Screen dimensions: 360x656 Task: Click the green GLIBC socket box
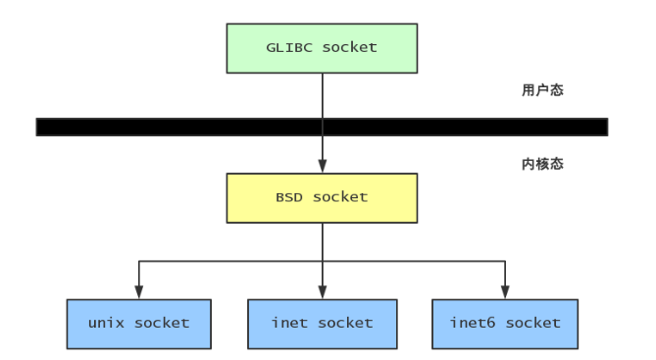coord(322,46)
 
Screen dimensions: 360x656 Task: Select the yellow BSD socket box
coord(322,197)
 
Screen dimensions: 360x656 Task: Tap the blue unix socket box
coord(138,323)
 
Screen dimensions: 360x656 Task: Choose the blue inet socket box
coord(322,323)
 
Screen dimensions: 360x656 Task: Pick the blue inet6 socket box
coord(505,323)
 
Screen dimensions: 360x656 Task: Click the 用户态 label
coord(541,90)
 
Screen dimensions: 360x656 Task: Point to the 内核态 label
coord(541,164)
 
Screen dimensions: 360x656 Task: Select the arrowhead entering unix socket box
coord(138,292)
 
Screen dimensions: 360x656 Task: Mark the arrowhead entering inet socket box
coord(322,292)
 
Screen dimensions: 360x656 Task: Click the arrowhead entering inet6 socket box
coord(505,292)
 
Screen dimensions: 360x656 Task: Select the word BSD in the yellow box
coord(289,197)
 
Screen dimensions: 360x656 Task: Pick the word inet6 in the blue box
coord(470,323)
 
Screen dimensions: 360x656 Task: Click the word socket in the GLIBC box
coord(348,46)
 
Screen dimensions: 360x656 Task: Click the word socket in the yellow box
coord(340,197)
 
